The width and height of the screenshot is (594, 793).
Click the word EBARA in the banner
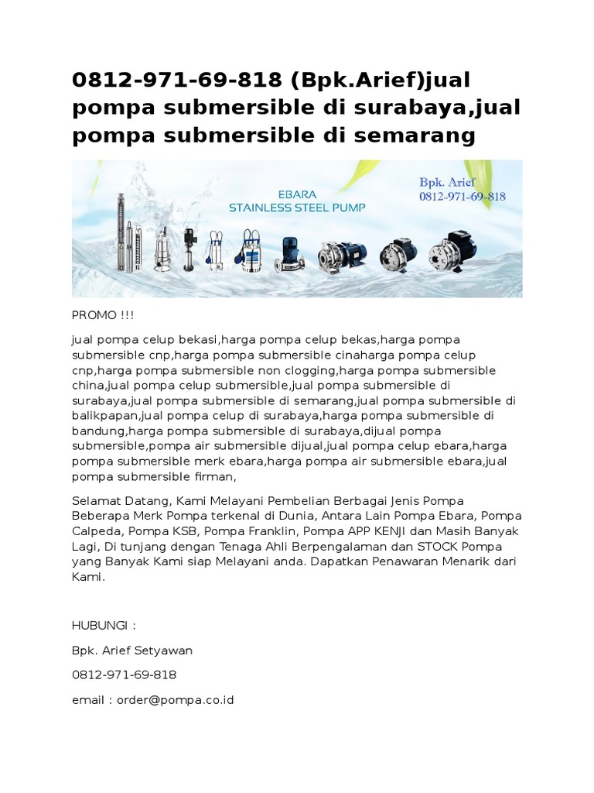pos(298,192)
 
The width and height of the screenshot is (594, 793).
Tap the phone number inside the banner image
pos(463,197)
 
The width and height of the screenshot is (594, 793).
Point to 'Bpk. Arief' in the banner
pos(448,182)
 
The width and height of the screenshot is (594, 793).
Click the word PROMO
pos(90,315)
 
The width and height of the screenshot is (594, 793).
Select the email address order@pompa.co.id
pos(175,699)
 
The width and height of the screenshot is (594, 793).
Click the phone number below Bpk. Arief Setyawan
pos(124,675)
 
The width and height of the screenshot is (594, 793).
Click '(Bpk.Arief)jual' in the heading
pos(374,81)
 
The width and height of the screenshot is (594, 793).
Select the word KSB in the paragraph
pos(176,531)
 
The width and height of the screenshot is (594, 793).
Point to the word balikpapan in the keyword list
pos(104,416)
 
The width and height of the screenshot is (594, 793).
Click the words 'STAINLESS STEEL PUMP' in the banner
pos(298,207)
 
